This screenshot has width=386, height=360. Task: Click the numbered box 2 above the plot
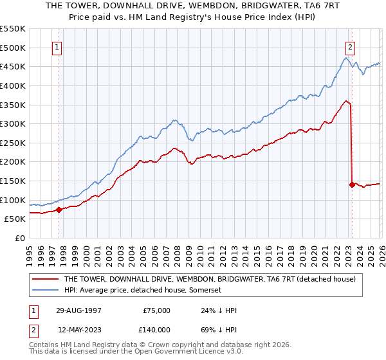point(350,47)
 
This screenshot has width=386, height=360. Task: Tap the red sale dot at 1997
point(59,209)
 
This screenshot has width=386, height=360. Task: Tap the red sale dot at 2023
point(352,184)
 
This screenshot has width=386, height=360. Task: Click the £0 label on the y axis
point(19,238)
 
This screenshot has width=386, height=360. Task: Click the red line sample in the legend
point(46,279)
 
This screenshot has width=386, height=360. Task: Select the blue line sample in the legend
point(46,290)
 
